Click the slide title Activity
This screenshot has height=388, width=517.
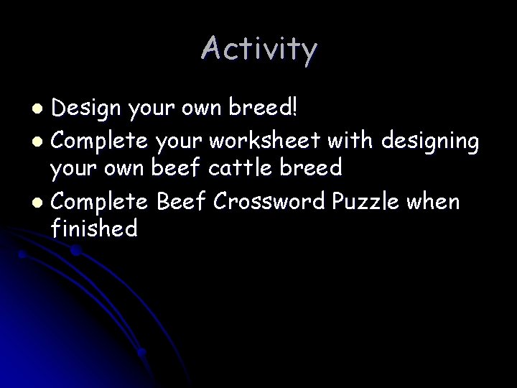click(x=258, y=49)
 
